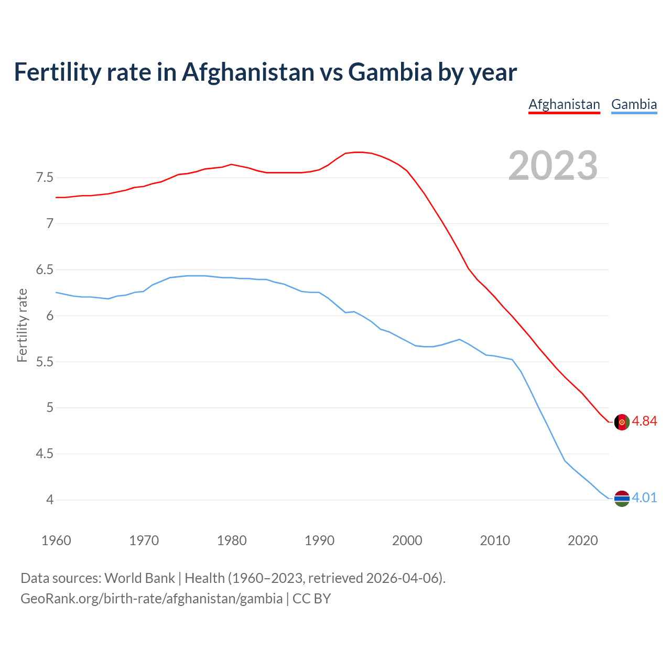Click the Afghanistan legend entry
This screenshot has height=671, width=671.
pyautogui.click(x=564, y=104)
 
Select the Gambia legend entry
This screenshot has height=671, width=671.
pyautogui.click(x=634, y=104)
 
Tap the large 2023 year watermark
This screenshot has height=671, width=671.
pyautogui.click(x=553, y=166)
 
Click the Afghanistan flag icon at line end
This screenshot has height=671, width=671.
pyautogui.click(x=621, y=422)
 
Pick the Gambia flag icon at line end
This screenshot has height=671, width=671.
pyautogui.click(x=621, y=499)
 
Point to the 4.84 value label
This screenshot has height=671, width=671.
pyautogui.click(x=644, y=421)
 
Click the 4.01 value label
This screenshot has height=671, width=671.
pyautogui.click(x=644, y=498)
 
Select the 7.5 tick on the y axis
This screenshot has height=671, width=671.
pyautogui.click(x=45, y=178)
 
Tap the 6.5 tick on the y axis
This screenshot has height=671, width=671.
pyautogui.click(x=45, y=270)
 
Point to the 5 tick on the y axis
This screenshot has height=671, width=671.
pyautogui.click(x=50, y=408)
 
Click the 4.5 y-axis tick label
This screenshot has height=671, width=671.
pyautogui.click(x=45, y=454)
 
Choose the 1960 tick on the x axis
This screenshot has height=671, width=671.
pyautogui.click(x=56, y=540)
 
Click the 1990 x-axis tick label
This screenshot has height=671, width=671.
pyautogui.click(x=319, y=540)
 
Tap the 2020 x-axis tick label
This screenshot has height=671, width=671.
pyautogui.click(x=582, y=540)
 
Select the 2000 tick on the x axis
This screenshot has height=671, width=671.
pyautogui.click(x=407, y=540)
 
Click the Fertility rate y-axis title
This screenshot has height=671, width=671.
pyautogui.click(x=22, y=325)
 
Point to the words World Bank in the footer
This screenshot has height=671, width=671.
pyautogui.click(x=139, y=578)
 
